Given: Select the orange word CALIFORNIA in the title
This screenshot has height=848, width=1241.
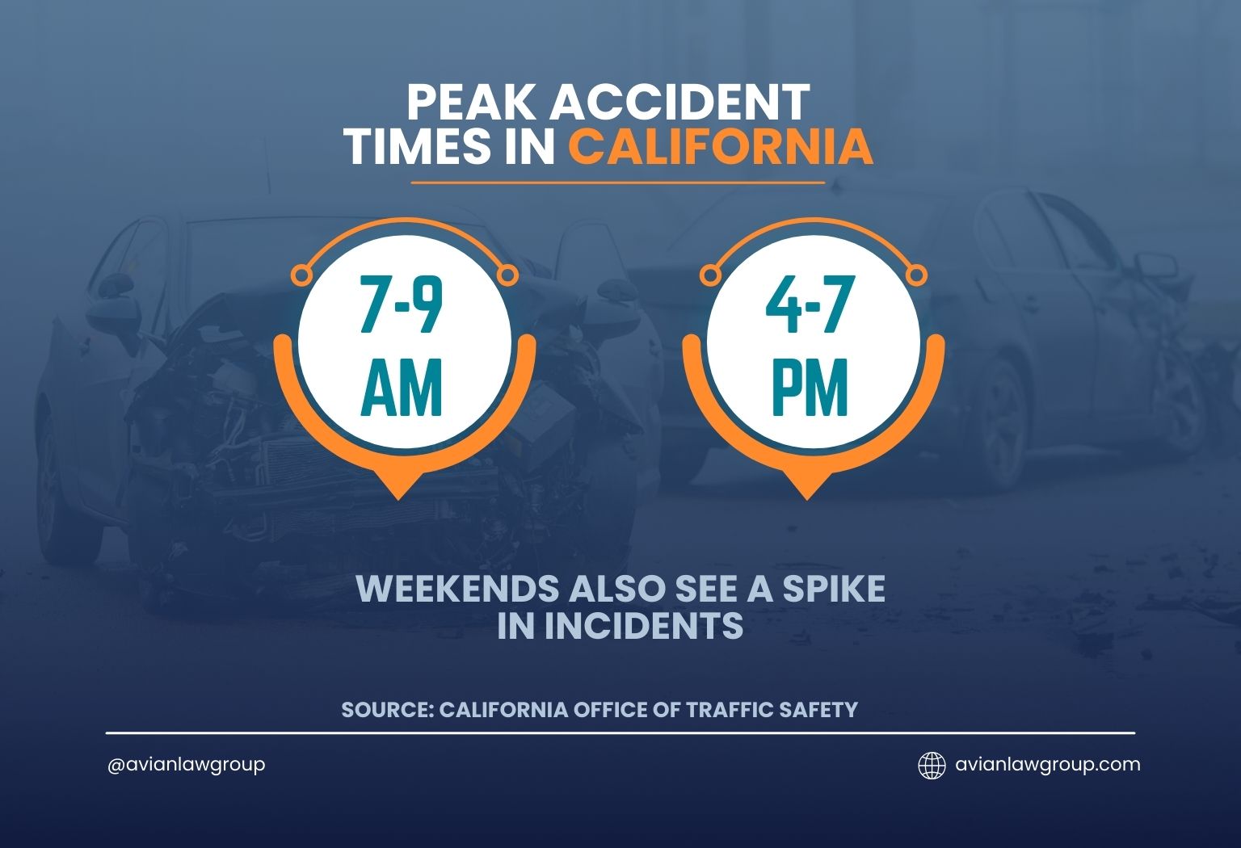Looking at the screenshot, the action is (721, 147).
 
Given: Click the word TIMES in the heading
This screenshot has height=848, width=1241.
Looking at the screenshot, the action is (420, 147).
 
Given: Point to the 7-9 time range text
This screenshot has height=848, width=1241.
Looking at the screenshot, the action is (401, 305).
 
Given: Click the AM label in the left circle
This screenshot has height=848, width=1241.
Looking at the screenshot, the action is (401, 387).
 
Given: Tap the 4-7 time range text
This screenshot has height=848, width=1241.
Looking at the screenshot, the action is (806, 305).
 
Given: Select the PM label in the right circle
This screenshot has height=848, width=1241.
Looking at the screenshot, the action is (810, 387).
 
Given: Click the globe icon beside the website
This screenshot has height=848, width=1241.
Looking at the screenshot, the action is (932, 766).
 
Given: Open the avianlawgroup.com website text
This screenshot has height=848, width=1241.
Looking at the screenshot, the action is (1048, 764).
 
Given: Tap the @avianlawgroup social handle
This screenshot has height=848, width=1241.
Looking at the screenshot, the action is (186, 766).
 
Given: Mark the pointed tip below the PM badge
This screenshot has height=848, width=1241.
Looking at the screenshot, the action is (806, 499).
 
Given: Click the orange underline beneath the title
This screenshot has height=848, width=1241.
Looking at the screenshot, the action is (618, 183).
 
